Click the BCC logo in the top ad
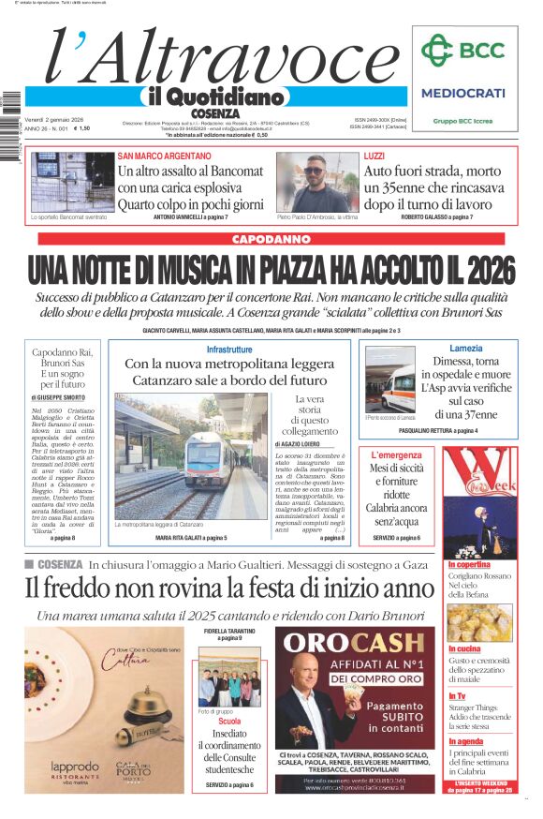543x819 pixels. (462, 50)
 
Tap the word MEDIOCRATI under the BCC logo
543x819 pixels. (462, 93)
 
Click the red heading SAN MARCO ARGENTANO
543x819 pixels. (164, 156)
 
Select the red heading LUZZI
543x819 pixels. (374, 156)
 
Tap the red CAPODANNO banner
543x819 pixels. (271, 240)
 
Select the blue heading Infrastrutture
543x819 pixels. (229, 350)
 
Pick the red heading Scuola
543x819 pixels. (229, 722)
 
